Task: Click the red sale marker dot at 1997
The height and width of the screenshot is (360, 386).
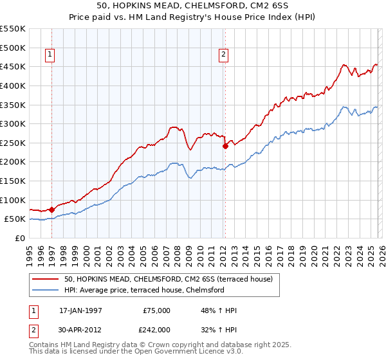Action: [x=51, y=209]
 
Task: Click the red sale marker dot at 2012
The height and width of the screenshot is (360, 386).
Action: [x=225, y=146]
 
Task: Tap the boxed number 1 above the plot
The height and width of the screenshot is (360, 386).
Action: [x=50, y=55]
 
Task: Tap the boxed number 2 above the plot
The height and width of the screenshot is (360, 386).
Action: [x=223, y=55]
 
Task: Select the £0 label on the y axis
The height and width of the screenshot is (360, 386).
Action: [x=19, y=238]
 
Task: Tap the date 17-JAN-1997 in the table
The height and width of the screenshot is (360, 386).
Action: [x=80, y=310]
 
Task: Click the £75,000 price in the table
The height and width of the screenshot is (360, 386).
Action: [x=156, y=310]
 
